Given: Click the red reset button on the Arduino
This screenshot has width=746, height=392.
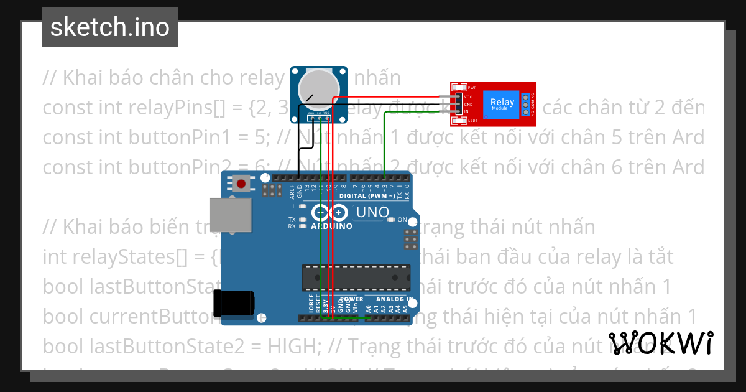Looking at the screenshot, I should coord(241,184).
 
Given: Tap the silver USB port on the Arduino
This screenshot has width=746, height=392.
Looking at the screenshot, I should coord(230,215).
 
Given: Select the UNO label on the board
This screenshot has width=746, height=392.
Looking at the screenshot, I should coord(371,213).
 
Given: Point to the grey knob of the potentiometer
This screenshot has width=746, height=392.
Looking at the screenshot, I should coord(319,87).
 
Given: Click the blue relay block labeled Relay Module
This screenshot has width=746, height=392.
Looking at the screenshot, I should coord(502,103).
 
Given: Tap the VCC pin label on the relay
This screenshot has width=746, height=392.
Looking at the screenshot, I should coord(469,96).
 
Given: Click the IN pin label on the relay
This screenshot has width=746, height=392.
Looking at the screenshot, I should coord(467,112).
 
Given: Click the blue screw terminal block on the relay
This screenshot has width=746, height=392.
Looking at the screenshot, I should coord(525,105).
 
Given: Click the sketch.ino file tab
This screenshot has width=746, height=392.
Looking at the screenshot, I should coord(110,27).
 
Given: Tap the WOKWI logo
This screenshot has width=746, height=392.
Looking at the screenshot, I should coord(661,343).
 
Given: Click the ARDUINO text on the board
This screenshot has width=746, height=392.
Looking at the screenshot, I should coord(331,226).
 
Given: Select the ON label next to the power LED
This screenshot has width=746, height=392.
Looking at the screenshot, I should coord(402,220).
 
